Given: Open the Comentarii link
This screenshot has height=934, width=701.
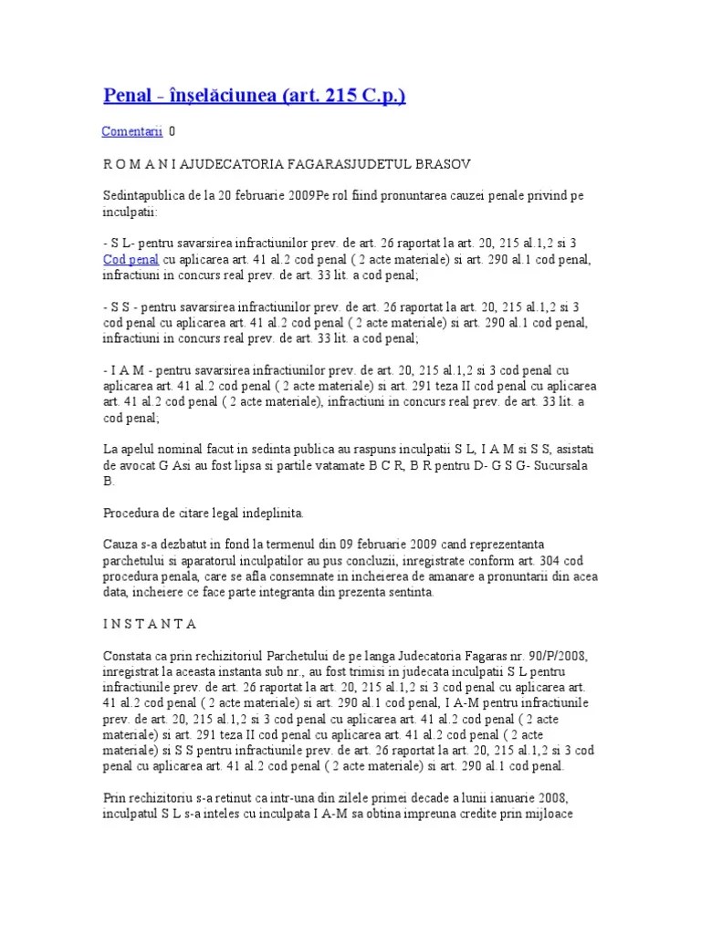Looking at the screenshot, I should [131, 131].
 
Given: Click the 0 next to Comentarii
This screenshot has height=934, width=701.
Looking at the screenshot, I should [173, 131].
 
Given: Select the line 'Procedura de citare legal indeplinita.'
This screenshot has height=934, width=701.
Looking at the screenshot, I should [204, 512].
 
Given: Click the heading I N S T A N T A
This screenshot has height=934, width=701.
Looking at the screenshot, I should [150, 623].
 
